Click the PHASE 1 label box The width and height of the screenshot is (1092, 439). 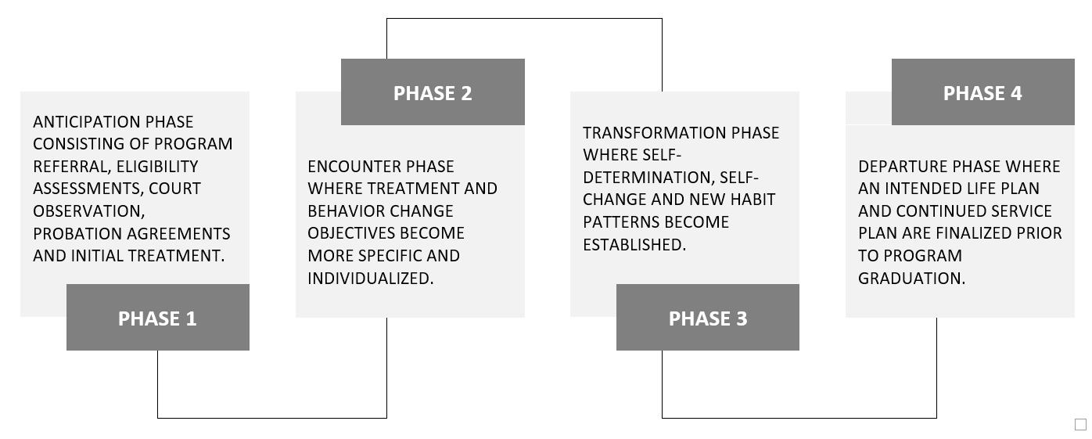click(x=158, y=317)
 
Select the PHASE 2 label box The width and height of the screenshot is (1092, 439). click(x=433, y=92)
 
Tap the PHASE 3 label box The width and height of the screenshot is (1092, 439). click(x=708, y=317)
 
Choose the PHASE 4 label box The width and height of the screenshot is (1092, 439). click(x=983, y=92)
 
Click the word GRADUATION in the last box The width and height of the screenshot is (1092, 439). click(x=911, y=278)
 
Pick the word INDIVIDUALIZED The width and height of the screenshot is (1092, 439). click(x=371, y=278)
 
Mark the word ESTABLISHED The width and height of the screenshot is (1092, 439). click(x=634, y=244)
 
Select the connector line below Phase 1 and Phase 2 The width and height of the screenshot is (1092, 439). click(x=272, y=418)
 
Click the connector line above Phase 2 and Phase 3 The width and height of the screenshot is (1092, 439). click(x=525, y=19)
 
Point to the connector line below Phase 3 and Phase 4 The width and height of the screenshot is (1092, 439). click(x=799, y=418)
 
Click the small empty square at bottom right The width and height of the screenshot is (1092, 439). click(x=1080, y=424)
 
